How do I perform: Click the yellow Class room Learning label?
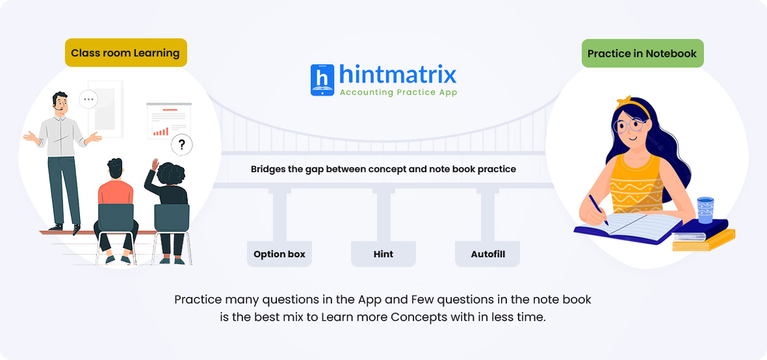coord(125,53)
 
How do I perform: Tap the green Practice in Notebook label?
coord(642,53)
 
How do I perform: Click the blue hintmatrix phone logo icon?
coord(322,80)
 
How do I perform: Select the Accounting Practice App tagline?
coord(398,92)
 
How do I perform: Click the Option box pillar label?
coord(279,254)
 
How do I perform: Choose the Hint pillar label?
coord(383,254)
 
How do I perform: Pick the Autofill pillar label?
coord(487,254)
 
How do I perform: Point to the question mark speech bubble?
coord(181,145)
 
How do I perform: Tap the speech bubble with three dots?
coord(88,100)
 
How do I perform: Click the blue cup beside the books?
coord(705,210)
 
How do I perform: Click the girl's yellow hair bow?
coord(624,102)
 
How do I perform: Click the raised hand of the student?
coord(155,164)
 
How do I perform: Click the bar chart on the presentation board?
coord(161,131)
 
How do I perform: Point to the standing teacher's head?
coord(60,102)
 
